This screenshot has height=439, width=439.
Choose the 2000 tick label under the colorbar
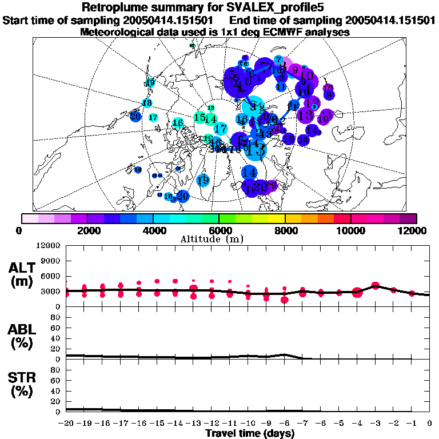click(x=87, y=230)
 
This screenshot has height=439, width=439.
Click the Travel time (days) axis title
click(x=250, y=433)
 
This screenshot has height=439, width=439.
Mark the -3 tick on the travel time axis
click(x=375, y=424)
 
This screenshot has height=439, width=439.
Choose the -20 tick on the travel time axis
click(x=66, y=424)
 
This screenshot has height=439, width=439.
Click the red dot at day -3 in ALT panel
click(x=376, y=285)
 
